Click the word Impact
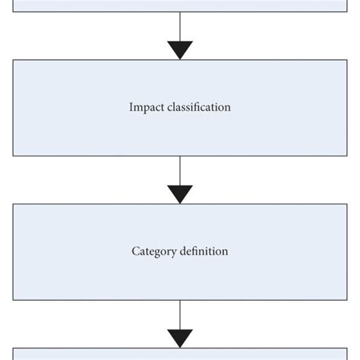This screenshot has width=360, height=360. [x=145, y=108]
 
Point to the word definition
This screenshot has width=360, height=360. [x=204, y=251]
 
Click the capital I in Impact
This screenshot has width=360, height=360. [x=131, y=108]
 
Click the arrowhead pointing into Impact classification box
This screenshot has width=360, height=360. [x=180, y=51]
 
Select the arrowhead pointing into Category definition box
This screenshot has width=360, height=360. [x=180, y=194]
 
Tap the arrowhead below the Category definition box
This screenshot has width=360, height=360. [x=180, y=339]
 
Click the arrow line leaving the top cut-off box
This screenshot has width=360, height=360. [x=180, y=27]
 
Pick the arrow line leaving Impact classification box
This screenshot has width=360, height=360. [x=180, y=170]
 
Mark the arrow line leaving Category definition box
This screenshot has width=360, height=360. [x=180, y=314]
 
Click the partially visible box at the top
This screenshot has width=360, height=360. [x=180, y=5]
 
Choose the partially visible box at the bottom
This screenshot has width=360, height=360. [x=180, y=354]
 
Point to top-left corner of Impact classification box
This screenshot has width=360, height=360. [x=13, y=60]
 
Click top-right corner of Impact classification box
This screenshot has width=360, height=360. [x=346, y=60]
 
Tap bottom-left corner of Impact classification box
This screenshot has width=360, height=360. [x=13, y=156]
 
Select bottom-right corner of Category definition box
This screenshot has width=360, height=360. [x=346, y=300]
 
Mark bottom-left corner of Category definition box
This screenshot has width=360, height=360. [x=13, y=300]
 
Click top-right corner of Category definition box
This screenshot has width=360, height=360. [x=346, y=204]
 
